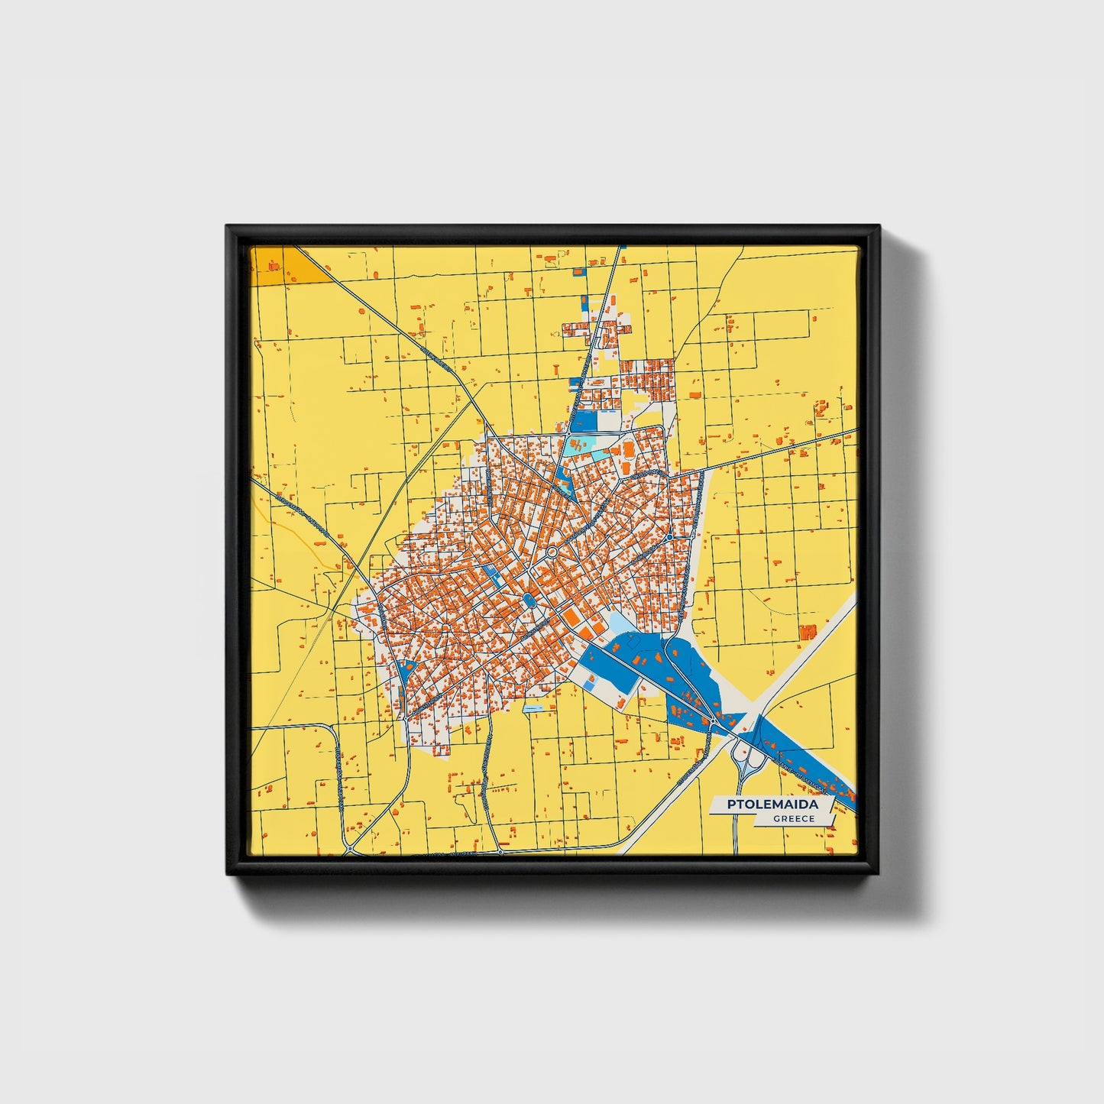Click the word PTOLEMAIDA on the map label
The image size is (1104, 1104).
pos(772,805)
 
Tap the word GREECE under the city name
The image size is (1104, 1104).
pos(793,819)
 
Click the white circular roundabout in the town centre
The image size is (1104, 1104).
pos(552,552)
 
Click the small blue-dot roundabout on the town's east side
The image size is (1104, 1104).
pos(669,537)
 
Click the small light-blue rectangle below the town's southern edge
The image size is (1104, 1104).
pos(533,709)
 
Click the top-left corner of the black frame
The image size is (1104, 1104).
pos(228,227)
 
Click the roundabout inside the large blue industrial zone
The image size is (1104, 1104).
pos(713,720)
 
